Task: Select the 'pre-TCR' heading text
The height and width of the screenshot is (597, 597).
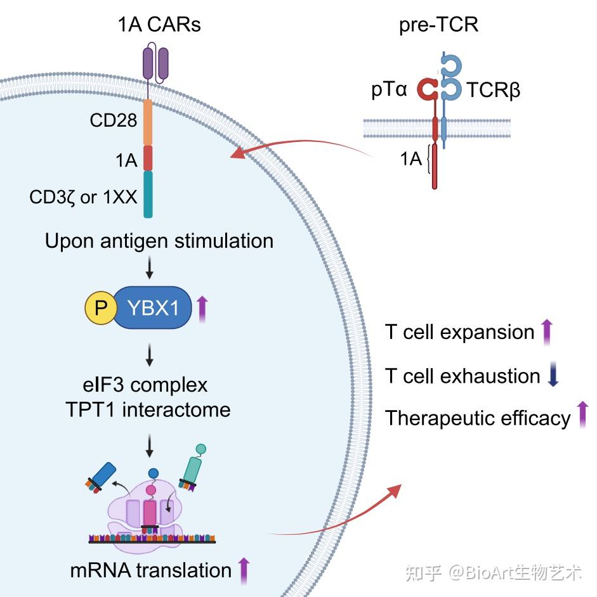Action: tap(438, 25)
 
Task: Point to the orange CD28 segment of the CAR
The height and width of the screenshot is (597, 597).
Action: tap(148, 122)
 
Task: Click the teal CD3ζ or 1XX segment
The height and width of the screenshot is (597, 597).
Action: tap(148, 194)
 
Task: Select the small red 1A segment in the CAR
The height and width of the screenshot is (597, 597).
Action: tap(148, 158)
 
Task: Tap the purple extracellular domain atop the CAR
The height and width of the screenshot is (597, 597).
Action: tap(155, 63)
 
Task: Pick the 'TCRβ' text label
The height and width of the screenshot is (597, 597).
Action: tap(494, 91)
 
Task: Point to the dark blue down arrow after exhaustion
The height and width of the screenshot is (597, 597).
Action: tap(552, 375)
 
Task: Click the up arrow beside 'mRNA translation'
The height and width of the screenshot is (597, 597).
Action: tap(244, 570)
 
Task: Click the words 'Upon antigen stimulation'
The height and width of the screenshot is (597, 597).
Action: tap(159, 241)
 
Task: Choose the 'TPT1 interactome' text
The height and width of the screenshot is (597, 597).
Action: tap(148, 409)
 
